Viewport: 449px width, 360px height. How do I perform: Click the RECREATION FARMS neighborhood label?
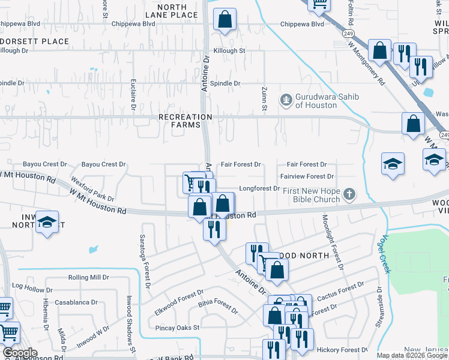[x=185, y=120]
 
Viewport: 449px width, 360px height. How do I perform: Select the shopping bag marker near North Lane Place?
[x=224, y=19]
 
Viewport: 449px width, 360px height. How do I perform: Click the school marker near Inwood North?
[x=47, y=223]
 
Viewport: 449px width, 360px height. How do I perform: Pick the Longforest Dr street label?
[x=260, y=188]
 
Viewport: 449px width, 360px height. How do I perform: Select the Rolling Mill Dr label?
[x=88, y=277]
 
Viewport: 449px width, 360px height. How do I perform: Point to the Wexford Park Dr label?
[x=92, y=189]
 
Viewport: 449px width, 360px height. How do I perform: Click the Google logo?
[x=20, y=353]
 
